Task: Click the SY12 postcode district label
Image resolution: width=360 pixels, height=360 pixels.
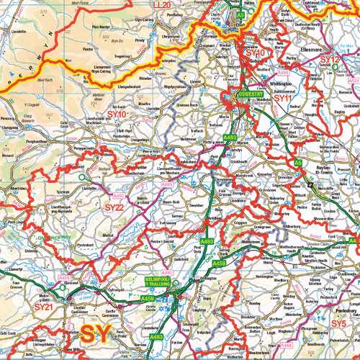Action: pos(330,59)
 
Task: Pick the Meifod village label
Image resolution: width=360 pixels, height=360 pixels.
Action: pos(110,235)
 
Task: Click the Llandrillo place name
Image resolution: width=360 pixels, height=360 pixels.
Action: pos(19,32)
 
